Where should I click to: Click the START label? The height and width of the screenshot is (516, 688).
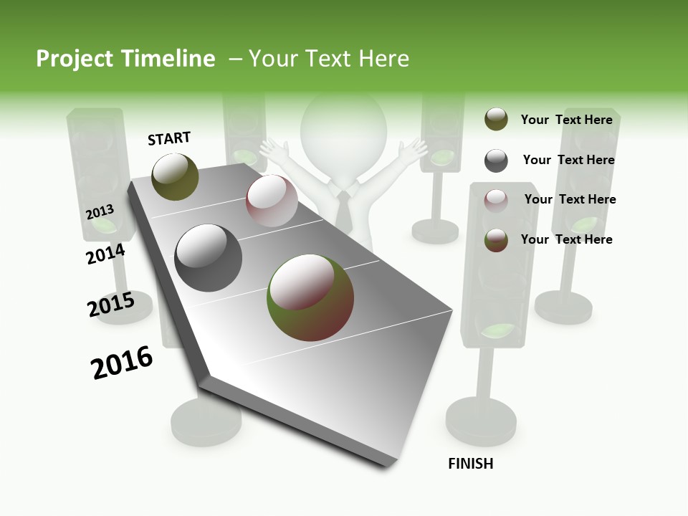(169, 138)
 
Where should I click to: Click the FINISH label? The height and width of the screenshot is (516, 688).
(470, 464)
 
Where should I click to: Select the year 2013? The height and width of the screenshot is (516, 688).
(100, 212)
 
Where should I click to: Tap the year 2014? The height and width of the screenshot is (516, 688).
(105, 254)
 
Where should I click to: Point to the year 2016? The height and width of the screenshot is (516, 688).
(122, 363)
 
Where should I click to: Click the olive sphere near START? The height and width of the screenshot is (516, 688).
(176, 176)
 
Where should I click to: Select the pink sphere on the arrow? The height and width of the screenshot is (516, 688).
(272, 201)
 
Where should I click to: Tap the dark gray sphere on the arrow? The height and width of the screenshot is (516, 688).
(209, 258)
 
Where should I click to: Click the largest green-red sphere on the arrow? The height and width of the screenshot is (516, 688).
(310, 297)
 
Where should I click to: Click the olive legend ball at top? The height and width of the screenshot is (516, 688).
(496, 120)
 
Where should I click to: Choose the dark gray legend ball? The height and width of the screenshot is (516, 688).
(496, 161)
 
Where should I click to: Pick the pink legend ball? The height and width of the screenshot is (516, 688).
(496, 201)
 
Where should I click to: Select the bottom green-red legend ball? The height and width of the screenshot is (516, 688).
(496, 240)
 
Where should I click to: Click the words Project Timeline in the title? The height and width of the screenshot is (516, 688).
(125, 59)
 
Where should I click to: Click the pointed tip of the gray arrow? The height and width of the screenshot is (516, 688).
(387, 466)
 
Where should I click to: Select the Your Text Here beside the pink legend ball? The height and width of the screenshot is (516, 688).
(570, 199)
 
